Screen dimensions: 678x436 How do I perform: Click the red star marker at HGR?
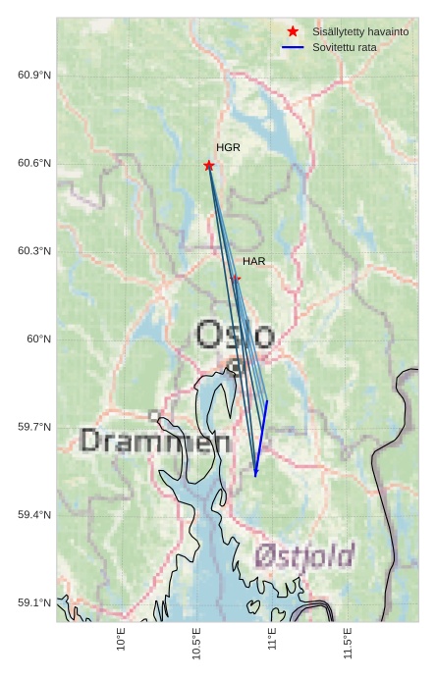click(208, 165)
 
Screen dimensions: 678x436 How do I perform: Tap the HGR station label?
click(228, 147)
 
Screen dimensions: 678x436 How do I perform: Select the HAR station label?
click(254, 261)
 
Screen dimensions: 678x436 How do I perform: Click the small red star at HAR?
click(236, 279)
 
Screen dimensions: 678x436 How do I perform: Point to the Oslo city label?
click(235, 336)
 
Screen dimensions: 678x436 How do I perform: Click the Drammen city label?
click(155, 441)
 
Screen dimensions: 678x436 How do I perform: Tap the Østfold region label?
click(303, 556)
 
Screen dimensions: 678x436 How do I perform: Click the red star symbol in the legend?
click(293, 31)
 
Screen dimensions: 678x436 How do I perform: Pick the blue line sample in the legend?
click(293, 47)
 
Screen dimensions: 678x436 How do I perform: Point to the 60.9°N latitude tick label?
click(33, 76)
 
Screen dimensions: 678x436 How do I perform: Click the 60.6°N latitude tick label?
click(33, 163)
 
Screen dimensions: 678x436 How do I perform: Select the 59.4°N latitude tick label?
click(33, 514)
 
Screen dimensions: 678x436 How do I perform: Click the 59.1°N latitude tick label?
click(33, 602)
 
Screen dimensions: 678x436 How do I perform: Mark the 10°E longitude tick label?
click(122, 641)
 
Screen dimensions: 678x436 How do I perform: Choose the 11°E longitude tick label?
click(272, 641)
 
